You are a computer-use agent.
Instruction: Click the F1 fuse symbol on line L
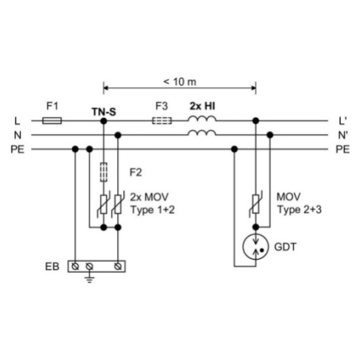(x=52, y=120)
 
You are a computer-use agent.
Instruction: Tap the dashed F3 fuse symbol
(x=162, y=120)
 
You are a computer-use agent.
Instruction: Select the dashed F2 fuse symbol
(x=103, y=172)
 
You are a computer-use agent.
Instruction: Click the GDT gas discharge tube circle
(x=256, y=247)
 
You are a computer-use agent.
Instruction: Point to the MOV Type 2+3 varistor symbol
(x=256, y=204)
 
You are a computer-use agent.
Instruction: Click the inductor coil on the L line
(x=202, y=119)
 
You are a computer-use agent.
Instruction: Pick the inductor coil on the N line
(x=202, y=133)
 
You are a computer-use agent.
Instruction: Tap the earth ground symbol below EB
(x=89, y=279)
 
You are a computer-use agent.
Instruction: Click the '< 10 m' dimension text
(x=180, y=82)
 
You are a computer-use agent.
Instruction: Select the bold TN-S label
(x=103, y=112)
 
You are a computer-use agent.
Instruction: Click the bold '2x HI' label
(x=202, y=106)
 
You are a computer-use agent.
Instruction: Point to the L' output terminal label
(x=342, y=121)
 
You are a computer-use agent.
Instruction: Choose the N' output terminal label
(x=342, y=135)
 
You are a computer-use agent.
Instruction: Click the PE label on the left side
(x=18, y=149)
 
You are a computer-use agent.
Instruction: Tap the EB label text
(x=52, y=267)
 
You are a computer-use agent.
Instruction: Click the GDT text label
(x=285, y=247)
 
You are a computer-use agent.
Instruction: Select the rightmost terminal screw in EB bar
(x=118, y=267)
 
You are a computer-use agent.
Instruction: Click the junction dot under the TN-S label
(x=103, y=121)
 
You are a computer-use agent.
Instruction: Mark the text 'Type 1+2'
(x=152, y=210)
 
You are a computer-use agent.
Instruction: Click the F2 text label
(x=136, y=172)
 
